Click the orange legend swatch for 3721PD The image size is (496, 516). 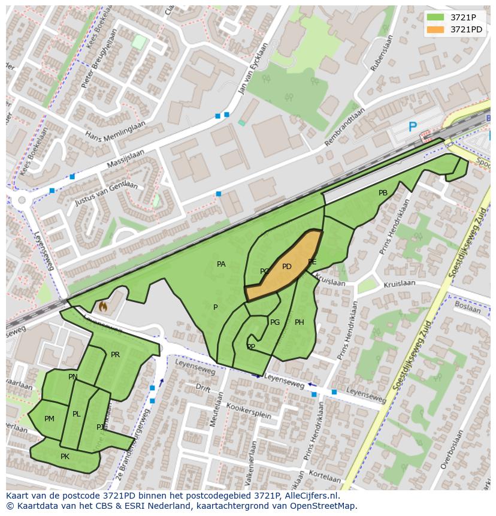click(x=435, y=29)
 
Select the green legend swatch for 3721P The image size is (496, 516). click(x=435, y=17)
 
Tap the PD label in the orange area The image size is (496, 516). click(x=286, y=267)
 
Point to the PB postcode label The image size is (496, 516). click(x=383, y=193)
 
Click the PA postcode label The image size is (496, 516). click(x=221, y=264)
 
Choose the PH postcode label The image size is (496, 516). click(x=299, y=322)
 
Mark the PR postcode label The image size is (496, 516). click(x=115, y=355)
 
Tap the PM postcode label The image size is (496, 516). click(x=49, y=419)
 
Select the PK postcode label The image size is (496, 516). click(x=65, y=457)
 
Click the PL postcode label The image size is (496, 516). click(x=76, y=414)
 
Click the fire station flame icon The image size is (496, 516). click(x=103, y=307)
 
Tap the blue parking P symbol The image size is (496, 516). click(x=412, y=127)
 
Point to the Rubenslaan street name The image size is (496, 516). click(x=382, y=53)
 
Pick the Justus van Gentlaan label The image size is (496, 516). click(x=106, y=193)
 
